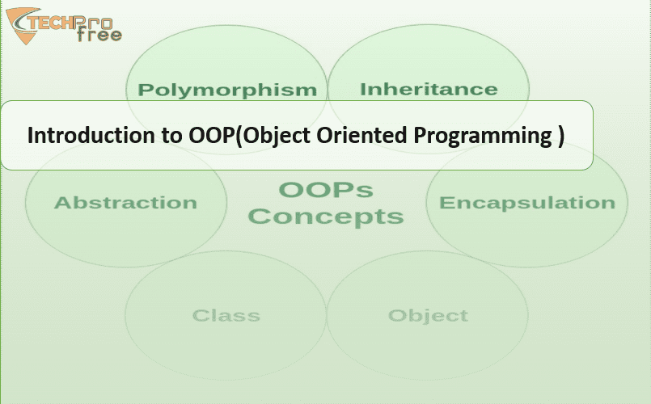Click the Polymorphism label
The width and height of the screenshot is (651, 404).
227,90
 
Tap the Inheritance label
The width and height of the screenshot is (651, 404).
429,89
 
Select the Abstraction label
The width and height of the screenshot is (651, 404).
125,203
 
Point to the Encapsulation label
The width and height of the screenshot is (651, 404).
526,203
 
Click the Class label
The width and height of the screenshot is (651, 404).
226,316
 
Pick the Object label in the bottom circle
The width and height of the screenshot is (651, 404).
428,316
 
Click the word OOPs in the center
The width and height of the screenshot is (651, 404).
326,190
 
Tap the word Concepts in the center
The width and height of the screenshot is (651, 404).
326,217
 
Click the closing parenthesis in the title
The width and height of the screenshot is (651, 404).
561,137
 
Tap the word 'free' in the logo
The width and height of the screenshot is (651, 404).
99,35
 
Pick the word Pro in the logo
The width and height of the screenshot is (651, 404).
94,22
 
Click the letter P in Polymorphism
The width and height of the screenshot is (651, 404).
145,89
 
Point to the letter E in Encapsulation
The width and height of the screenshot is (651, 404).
446,203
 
